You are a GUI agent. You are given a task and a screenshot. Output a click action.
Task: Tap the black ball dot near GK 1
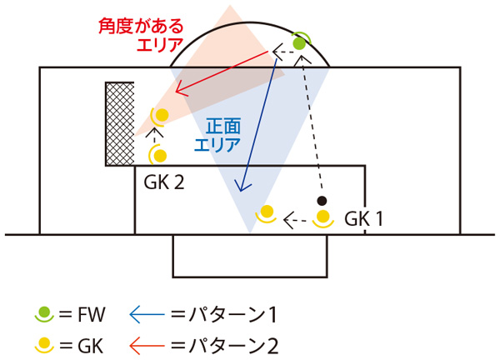(x=322, y=201)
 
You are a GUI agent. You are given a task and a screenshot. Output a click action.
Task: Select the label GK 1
(x=364, y=219)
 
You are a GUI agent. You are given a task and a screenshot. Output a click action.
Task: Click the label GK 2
(x=164, y=182)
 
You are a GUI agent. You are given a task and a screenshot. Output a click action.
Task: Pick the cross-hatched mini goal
(x=120, y=123)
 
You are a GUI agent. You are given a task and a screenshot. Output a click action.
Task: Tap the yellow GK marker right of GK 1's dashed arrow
(x=326, y=218)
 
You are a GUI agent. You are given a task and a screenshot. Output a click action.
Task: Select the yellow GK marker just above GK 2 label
(x=160, y=154)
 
